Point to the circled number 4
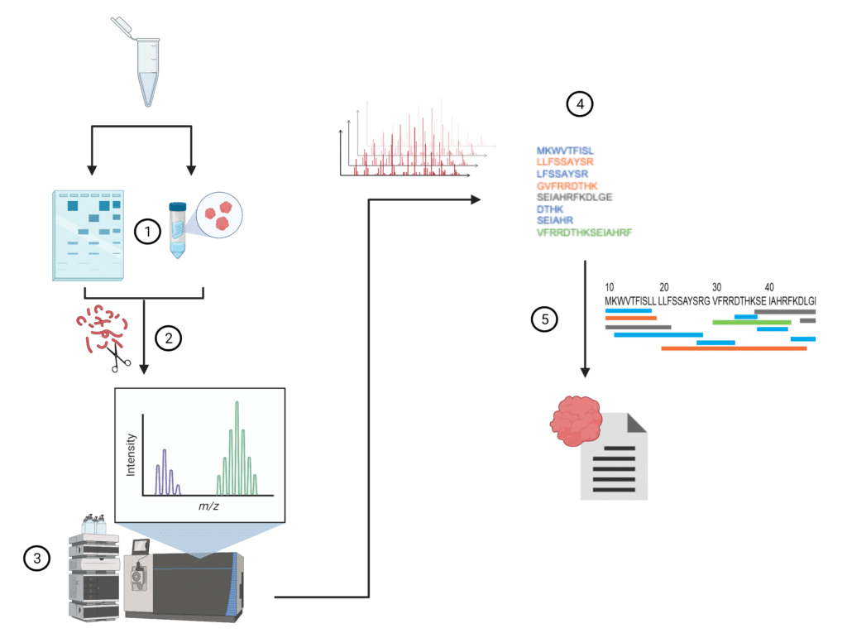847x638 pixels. click(579, 104)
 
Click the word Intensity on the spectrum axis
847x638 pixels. click(131, 458)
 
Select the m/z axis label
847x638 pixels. click(209, 505)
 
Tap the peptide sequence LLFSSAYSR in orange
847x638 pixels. click(565, 162)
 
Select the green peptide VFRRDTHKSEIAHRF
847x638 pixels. click(584, 234)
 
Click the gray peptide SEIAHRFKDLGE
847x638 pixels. click(574, 198)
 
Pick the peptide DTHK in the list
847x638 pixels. click(550, 210)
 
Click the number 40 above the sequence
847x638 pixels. click(770, 287)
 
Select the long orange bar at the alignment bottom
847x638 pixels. click(734, 348)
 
